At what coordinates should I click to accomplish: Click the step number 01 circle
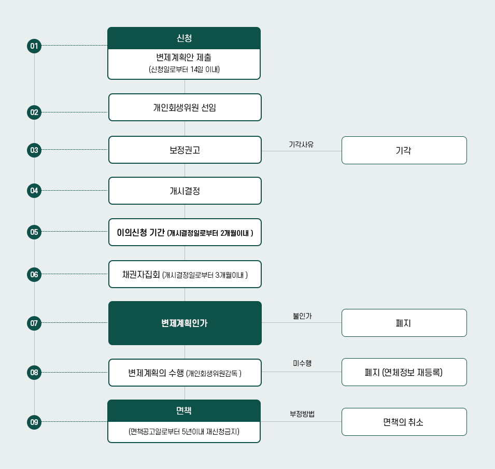coord(34,46)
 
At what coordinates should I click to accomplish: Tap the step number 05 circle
coord(34,232)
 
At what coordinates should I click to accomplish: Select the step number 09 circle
coord(34,422)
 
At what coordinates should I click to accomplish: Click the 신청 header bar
coord(184,38)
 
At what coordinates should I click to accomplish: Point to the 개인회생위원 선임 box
coord(185,107)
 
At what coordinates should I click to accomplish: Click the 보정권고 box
coord(185,150)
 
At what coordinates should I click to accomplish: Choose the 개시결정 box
coord(185,191)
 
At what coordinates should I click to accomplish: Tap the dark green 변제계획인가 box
coord(185,323)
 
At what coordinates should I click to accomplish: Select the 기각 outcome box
coord(404,150)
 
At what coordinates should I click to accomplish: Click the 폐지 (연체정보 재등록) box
coord(404,372)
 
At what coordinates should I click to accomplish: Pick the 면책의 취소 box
coord(404,422)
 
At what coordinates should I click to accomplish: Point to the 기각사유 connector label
coord(301,144)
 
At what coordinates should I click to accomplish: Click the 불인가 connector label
coord(302,315)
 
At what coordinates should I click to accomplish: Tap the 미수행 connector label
coord(302,363)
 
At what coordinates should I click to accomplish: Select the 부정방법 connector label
coord(302,414)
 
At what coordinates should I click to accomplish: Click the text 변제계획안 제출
coord(184,58)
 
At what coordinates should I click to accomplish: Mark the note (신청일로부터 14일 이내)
coord(184,69)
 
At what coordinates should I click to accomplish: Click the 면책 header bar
coord(184,410)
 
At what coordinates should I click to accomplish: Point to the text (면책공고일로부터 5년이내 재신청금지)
coord(184,431)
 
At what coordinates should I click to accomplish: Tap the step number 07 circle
coord(34,323)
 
